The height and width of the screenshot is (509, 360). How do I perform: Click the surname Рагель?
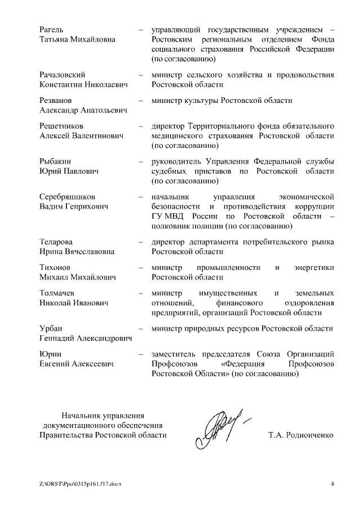pos(51,29)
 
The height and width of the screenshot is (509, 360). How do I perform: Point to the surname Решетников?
pos(61,126)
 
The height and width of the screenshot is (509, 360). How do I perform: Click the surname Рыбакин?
pos(55,161)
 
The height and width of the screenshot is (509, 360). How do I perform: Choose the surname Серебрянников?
pos(67,196)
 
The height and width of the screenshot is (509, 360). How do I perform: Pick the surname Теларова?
pos(56,242)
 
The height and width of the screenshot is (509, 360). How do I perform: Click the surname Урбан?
pos(51,328)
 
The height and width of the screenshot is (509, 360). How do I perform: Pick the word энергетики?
pos(313,267)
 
